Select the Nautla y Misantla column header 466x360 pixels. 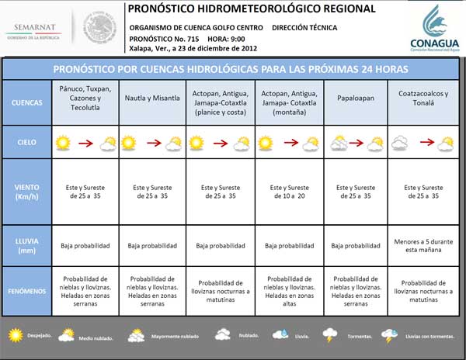(x=153, y=99)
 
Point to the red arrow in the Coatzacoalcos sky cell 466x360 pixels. (x=425, y=143)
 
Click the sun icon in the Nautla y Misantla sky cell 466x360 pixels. (x=131, y=143)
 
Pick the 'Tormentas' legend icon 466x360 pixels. (x=330, y=334)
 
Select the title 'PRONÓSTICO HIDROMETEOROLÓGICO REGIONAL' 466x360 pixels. (x=250, y=9)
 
